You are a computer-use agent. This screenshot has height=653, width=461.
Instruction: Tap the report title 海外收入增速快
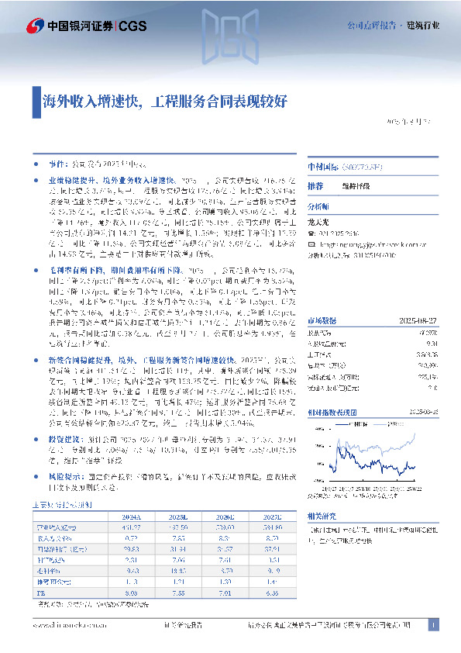tap(92, 101)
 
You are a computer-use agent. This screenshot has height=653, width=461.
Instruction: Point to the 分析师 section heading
tap(318, 207)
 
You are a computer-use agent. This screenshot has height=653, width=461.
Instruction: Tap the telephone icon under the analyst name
tap(311, 231)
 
